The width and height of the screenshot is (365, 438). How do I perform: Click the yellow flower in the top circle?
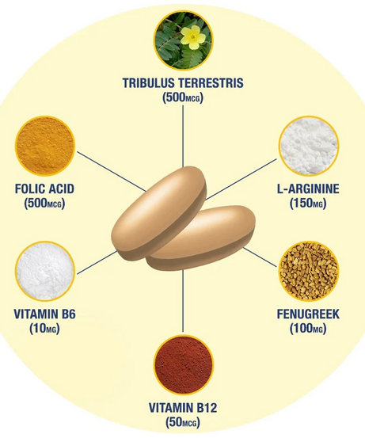pyautogui.click(x=193, y=37)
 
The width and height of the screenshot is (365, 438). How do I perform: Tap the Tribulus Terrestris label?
pyautogui.click(x=183, y=83)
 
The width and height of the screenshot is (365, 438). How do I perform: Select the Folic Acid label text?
pyautogui.click(x=44, y=189)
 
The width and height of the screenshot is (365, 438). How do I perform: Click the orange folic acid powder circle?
pyautogui.click(x=45, y=146)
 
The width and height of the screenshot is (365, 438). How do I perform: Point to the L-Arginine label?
pyautogui.click(x=308, y=189)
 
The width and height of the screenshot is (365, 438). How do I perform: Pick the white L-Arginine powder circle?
pyautogui.click(x=308, y=146)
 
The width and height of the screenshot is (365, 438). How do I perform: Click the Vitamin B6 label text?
pyautogui.click(x=44, y=314)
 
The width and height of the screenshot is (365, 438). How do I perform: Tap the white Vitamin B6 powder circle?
pyautogui.click(x=45, y=271)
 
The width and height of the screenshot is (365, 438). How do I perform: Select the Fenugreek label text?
pyautogui.click(x=308, y=314)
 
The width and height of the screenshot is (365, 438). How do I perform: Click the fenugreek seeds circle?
pyautogui.click(x=308, y=271)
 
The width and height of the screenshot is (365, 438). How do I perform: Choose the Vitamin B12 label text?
pyautogui.click(x=183, y=408)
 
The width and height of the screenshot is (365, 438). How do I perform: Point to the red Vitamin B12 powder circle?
pyautogui.click(x=183, y=365)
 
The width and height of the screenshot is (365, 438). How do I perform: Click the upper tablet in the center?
pyautogui.click(x=159, y=213)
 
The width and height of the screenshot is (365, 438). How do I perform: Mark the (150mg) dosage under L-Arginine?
pyautogui.click(x=308, y=203)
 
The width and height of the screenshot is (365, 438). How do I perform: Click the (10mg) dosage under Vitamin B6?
pyautogui.click(x=44, y=328)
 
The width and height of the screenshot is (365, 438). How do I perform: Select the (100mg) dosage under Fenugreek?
pyautogui.click(x=308, y=328)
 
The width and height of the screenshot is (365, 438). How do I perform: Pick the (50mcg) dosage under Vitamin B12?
pyautogui.click(x=183, y=422)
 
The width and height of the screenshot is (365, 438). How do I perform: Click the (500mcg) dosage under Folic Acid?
pyautogui.click(x=44, y=203)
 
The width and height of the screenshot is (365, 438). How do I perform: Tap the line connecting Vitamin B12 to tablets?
pyautogui.click(x=183, y=301)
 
